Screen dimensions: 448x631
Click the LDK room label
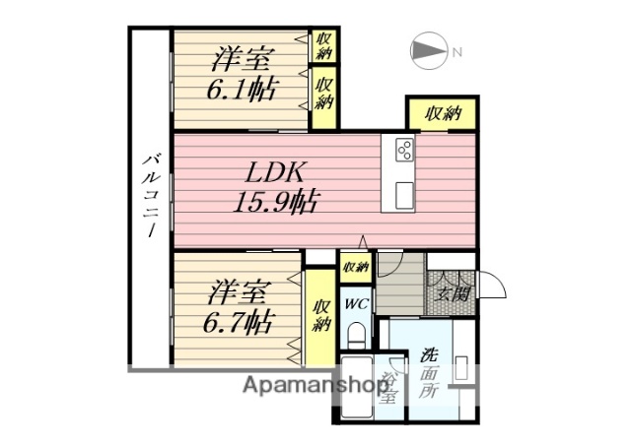click(275, 173)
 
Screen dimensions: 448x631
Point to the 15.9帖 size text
click(275, 203)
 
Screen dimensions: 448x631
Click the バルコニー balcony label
click(152, 197)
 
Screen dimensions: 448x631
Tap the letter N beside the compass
click(456, 52)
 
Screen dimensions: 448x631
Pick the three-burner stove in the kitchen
click(404, 151)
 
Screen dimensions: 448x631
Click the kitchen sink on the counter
click(404, 194)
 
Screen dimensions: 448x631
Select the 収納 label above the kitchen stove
click(443, 114)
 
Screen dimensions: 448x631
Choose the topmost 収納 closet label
click(323, 45)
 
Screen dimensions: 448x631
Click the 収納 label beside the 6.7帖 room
click(319, 318)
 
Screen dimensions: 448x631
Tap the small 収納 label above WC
click(355, 267)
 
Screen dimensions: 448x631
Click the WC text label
click(355, 303)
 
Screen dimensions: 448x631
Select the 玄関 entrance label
click(453, 292)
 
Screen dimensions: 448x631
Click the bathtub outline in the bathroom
click(360, 399)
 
